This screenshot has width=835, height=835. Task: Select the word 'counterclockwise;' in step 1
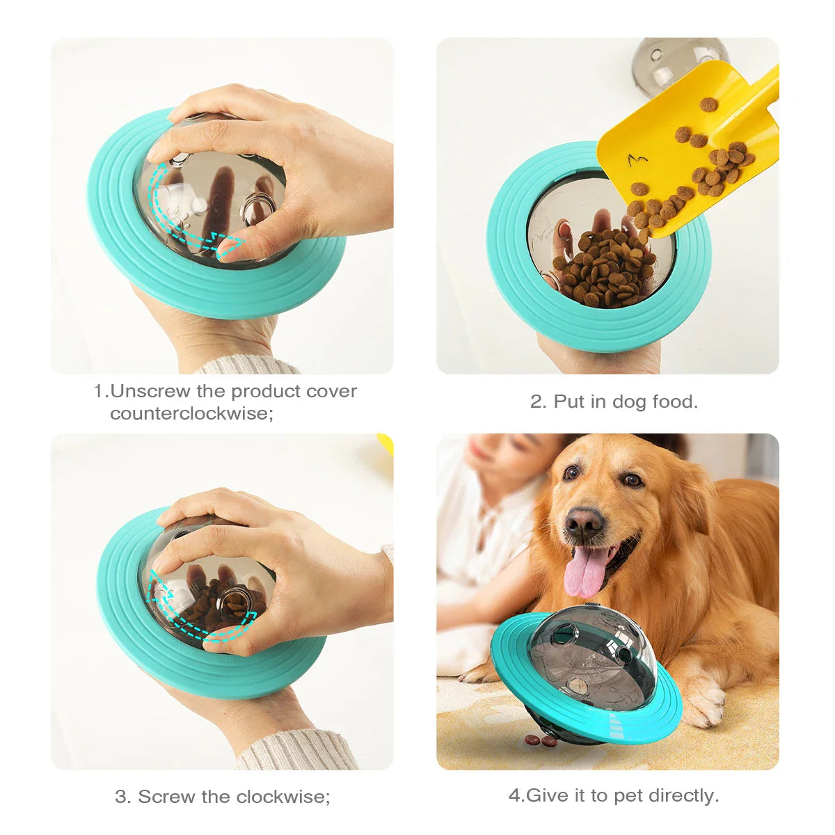pyautogui.click(x=191, y=413)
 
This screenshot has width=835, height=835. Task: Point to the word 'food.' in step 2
pyautogui.click(x=674, y=401)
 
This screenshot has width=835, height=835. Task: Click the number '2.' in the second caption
pyautogui.click(x=539, y=401)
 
